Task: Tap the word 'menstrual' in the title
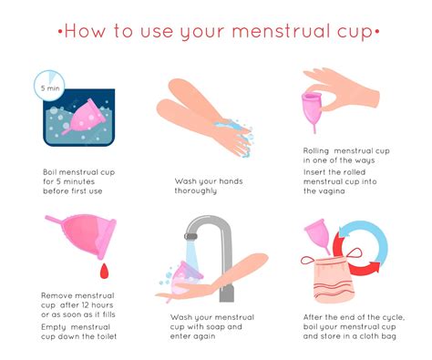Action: (279, 33)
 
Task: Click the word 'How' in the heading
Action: (88, 33)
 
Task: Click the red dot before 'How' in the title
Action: (60, 34)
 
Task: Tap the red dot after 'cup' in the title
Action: (376, 34)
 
